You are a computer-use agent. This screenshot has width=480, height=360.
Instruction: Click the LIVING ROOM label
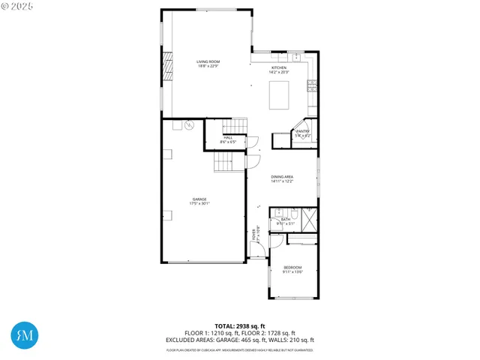(208, 64)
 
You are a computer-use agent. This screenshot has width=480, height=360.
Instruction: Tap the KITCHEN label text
(279, 69)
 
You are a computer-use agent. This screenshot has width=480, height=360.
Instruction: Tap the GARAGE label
(199, 200)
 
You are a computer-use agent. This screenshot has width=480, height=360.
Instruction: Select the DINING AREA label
(282, 178)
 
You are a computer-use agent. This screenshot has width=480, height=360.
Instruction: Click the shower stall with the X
(310, 218)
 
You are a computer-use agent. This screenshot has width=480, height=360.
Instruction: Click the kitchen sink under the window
(296, 56)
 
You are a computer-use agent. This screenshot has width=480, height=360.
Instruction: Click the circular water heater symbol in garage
(189, 124)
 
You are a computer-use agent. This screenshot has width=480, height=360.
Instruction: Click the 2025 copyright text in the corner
(17, 6)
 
